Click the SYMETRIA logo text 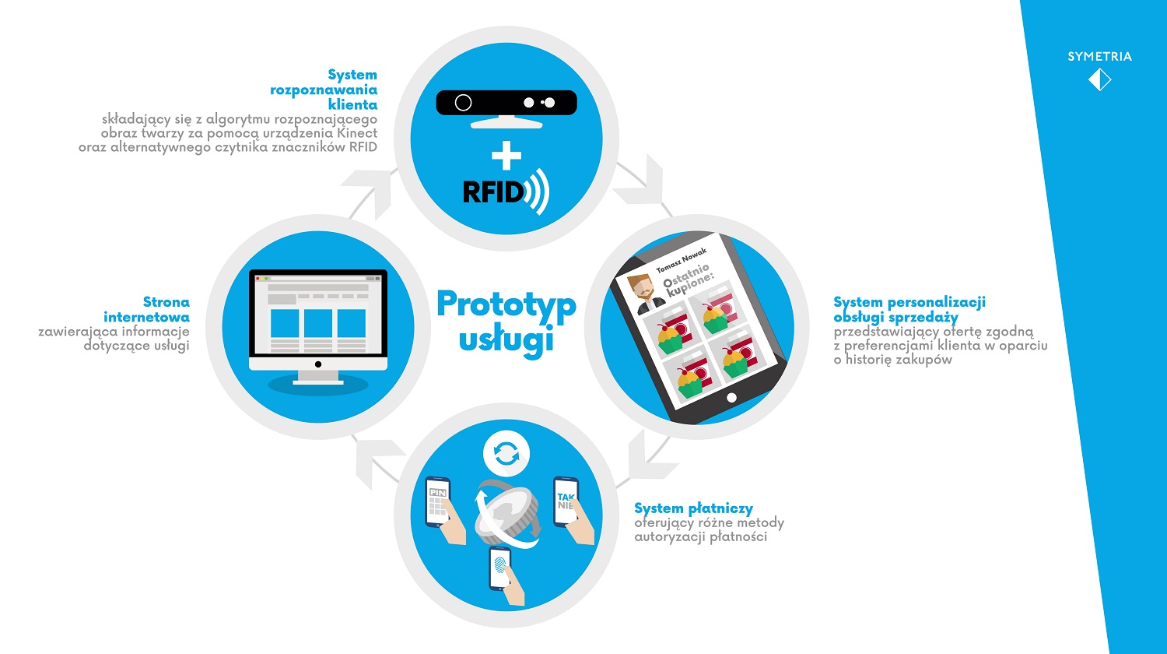[1099, 56]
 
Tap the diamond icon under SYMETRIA [1100, 79]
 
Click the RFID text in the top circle [492, 192]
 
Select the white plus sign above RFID [506, 156]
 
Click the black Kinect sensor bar [506, 102]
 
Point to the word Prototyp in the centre [506, 304]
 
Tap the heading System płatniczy [693, 508]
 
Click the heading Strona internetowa [146, 309]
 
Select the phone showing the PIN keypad [437, 502]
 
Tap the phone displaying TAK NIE [566, 501]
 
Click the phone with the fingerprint [500, 568]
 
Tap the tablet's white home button [731, 398]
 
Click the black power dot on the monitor [317, 364]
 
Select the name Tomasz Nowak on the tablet [681, 260]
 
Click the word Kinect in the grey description [357, 133]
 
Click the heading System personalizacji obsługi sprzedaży [909, 309]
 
